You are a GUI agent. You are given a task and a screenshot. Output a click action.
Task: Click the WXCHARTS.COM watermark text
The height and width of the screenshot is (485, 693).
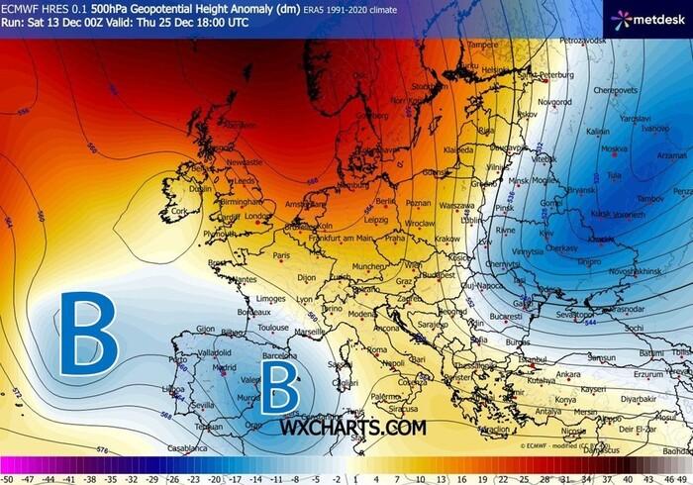[x=353, y=428]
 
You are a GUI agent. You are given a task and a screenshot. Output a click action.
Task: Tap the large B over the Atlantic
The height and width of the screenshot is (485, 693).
[x=87, y=334]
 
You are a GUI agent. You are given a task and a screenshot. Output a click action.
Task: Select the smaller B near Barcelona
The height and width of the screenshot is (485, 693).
[x=279, y=387]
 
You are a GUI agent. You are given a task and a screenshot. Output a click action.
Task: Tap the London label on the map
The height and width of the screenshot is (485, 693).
[x=257, y=215]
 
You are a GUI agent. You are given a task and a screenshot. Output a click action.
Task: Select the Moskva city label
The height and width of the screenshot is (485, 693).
[x=614, y=149]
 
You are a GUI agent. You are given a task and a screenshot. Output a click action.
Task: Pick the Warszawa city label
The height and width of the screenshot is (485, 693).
[x=456, y=206]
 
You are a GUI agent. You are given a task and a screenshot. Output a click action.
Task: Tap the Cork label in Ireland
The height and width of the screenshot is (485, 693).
[x=179, y=210]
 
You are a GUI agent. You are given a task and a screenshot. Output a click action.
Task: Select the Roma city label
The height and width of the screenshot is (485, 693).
[x=376, y=349]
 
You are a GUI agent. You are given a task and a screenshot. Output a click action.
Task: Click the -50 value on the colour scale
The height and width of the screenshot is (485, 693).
[x=7, y=476]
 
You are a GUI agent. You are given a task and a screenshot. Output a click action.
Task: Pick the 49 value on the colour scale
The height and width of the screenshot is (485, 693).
[x=684, y=476]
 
